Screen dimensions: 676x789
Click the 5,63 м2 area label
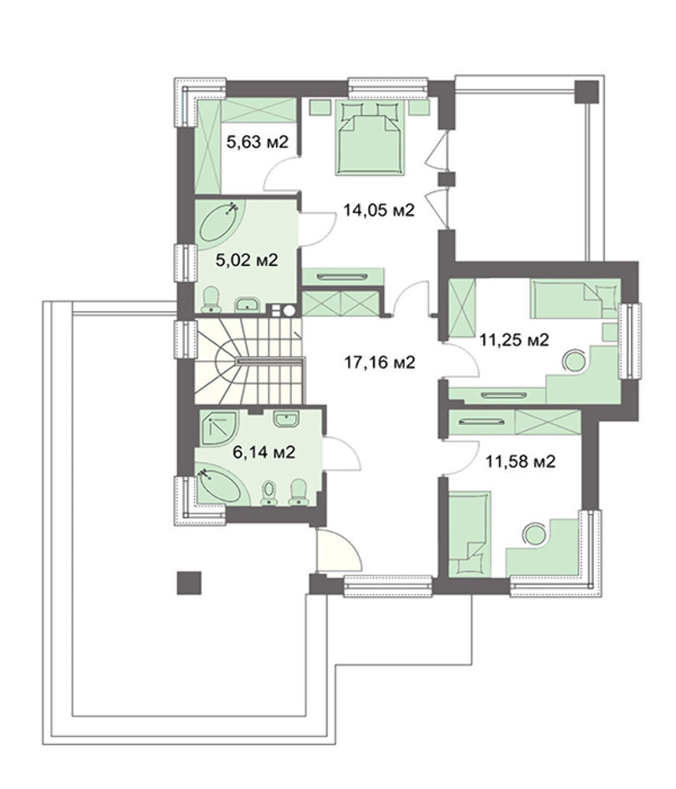point(257,142)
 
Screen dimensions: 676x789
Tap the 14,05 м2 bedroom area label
point(379,210)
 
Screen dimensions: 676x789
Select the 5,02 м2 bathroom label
point(246,260)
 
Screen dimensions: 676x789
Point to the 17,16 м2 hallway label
point(379,362)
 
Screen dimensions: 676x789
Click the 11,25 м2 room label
point(514,340)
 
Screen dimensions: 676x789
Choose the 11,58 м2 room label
point(520,461)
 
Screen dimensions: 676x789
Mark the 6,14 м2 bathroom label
point(263,452)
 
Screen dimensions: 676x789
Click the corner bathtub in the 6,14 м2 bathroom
point(219,484)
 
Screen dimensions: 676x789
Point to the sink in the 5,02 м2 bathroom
point(248,304)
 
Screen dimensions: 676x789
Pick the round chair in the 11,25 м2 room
point(573,361)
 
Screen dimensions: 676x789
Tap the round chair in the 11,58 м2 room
point(534,533)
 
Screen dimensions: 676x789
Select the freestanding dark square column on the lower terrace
point(189,583)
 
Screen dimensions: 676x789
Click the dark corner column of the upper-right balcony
point(588,92)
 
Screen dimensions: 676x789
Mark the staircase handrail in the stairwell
point(270,361)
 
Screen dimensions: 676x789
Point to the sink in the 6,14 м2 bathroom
point(286,419)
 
